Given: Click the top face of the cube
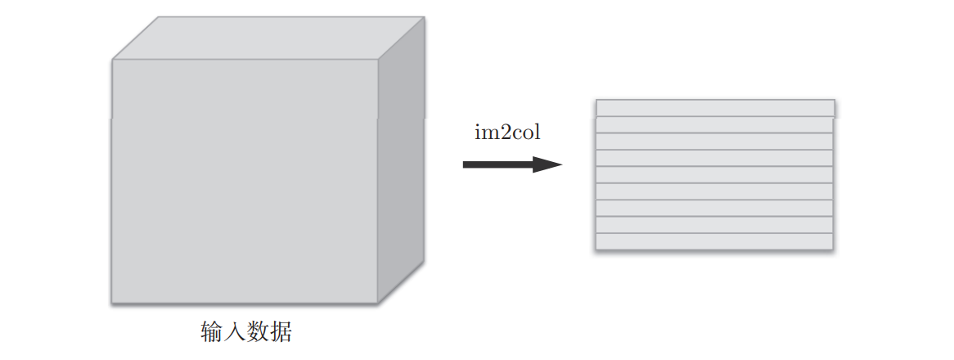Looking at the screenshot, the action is tap(268, 38).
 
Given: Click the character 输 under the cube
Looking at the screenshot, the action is tap(212, 332).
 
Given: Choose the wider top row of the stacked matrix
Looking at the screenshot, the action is tap(715, 108).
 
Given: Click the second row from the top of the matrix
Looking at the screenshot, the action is tap(714, 124).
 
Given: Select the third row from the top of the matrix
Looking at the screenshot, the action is tap(714, 142).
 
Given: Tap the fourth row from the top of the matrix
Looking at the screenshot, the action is tap(714, 158).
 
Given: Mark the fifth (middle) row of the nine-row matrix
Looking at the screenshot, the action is tap(714, 175).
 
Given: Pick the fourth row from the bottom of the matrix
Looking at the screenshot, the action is tap(714, 191).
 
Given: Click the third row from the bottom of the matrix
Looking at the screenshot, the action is tap(714, 209).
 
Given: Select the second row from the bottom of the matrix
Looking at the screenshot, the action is tap(714, 225).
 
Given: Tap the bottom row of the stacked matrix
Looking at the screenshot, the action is tap(714, 241).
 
